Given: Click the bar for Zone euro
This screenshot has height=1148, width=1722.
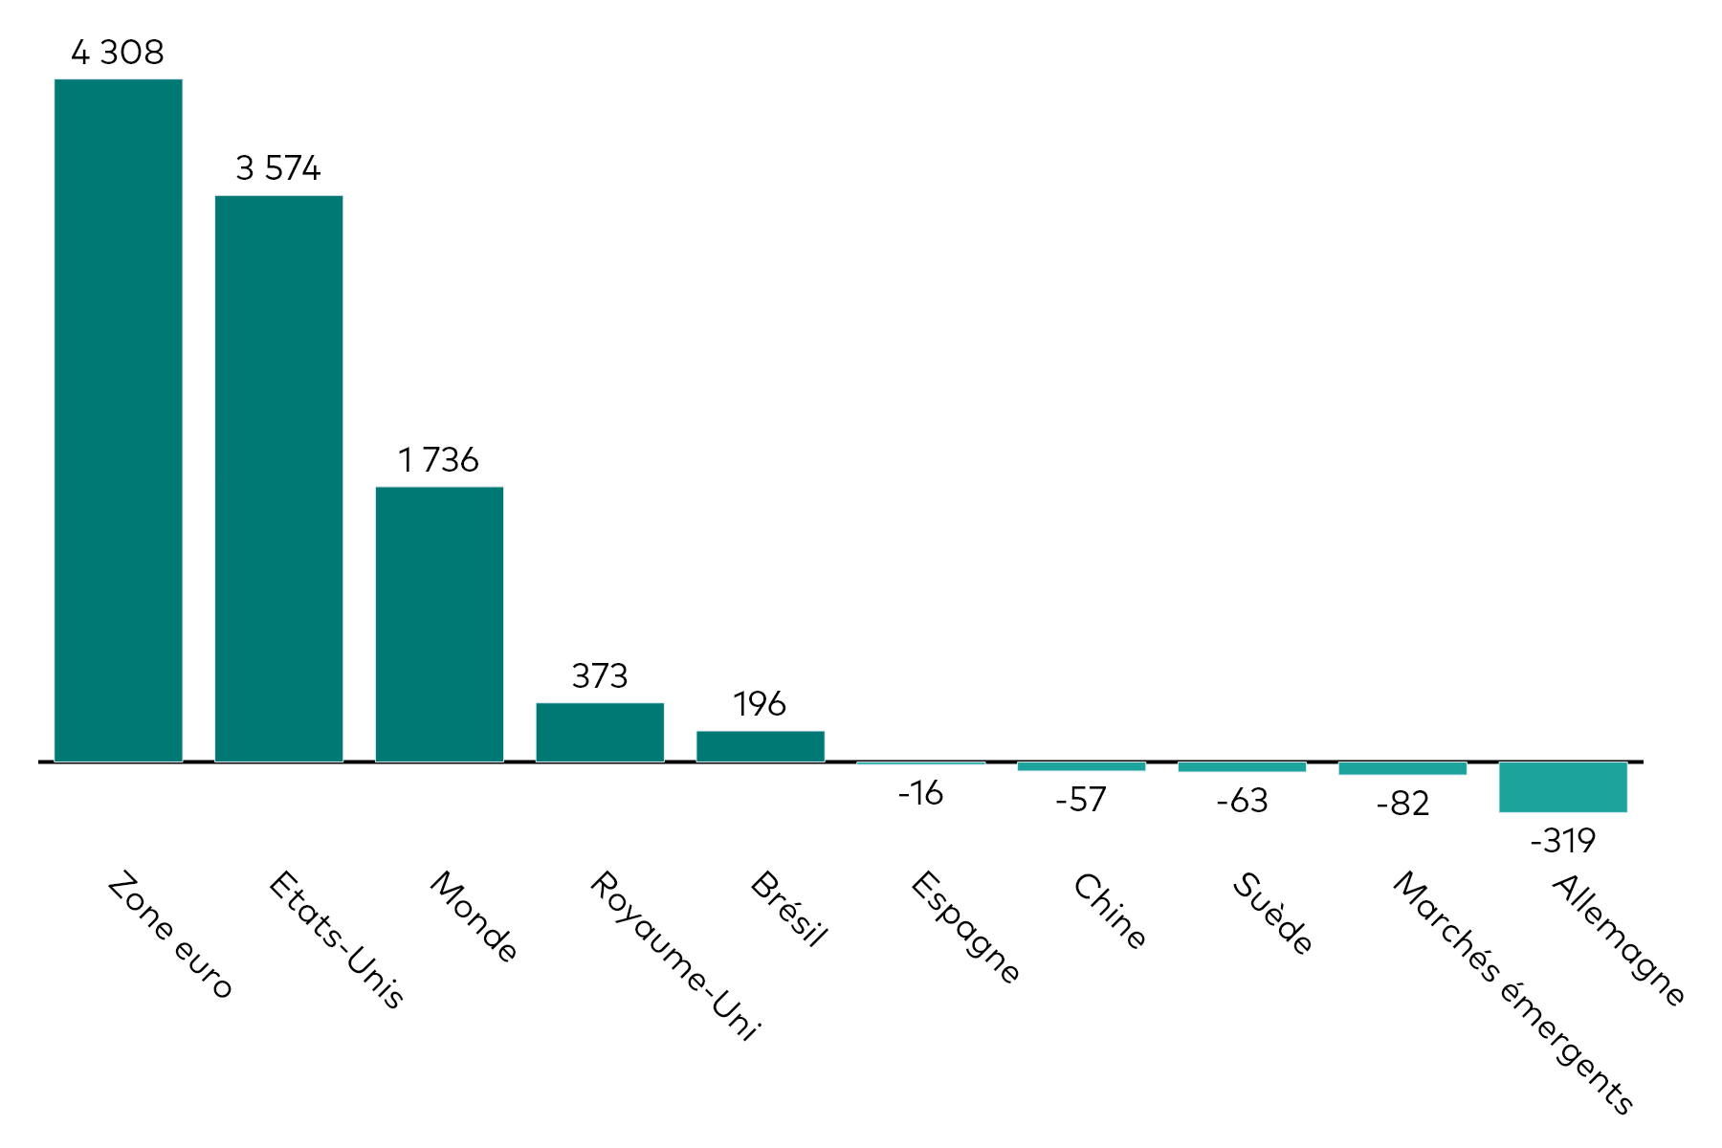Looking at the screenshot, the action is tap(119, 420).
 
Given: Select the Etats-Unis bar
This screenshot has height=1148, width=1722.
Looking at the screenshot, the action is tap(279, 478).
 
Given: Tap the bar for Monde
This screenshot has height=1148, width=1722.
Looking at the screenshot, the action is tap(439, 625).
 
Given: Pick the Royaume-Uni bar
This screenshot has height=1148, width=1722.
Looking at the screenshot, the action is tap(600, 733).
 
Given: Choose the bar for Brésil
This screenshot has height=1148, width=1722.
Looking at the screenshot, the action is tap(761, 747).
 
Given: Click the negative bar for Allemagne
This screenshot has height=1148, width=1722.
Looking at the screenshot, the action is tap(1563, 787).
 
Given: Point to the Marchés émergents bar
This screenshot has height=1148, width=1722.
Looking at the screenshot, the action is tap(1402, 768).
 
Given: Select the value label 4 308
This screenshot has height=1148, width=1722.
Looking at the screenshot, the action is tap(118, 52).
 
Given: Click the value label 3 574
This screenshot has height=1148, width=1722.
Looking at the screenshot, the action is tap(278, 168).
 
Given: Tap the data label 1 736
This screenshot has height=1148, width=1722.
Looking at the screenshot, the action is tap(439, 460).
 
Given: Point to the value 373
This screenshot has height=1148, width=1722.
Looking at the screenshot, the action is tap(600, 676).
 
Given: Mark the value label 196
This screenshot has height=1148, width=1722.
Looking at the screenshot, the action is tap(760, 704).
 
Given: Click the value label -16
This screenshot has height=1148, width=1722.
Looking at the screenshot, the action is tap(920, 793).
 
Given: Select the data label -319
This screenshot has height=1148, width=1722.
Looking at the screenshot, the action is tap(1563, 841).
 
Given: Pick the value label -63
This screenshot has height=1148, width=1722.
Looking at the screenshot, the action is tap(1242, 800).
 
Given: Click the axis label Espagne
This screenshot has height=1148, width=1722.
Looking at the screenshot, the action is tap(964, 927).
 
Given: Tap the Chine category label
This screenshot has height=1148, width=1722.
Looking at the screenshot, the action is tap(1109, 911).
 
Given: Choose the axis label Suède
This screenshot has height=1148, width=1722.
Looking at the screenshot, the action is tap(1271, 914).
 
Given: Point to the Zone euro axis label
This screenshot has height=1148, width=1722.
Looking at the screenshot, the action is tap(169, 935).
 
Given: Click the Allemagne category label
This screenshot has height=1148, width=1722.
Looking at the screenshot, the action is tap(1618, 939).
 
